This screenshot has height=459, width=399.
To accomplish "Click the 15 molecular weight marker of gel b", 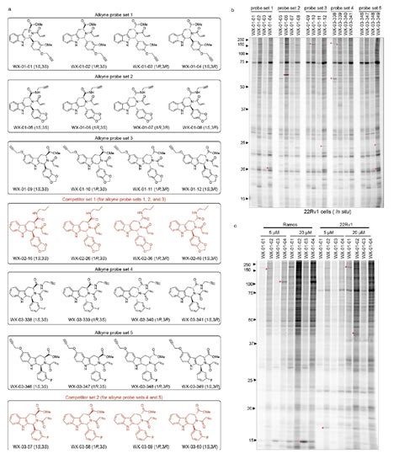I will click(x=244, y=199).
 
